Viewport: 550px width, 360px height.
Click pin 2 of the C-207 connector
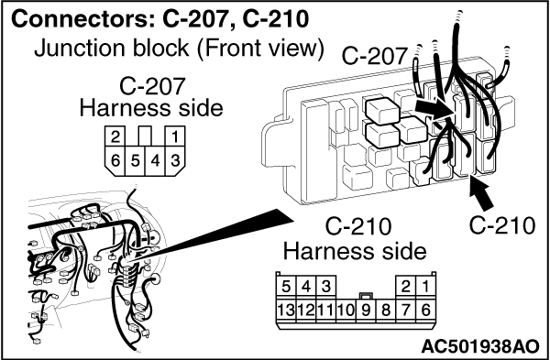click(x=115, y=136)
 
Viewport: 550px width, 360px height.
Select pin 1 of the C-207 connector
click(x=175, y=136)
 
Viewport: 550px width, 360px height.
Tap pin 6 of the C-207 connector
click(x=115, y=161)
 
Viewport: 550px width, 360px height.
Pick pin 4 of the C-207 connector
click(x=155, y=161)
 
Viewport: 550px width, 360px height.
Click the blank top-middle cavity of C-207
click(x=145, y=136)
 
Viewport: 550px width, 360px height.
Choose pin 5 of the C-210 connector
click(x=286, y=287)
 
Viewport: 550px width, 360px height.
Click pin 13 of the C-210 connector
click(x=286, y=311)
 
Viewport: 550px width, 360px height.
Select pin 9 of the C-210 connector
click(x=366, y=311)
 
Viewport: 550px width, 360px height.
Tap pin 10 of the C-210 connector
click(x=346, y=311)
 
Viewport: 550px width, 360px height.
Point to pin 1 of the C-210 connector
click(x=425, y=287)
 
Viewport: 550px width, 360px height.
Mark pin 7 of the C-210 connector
click(x=405, y=311)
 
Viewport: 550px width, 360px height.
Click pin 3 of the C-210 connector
click(x=326, y=287)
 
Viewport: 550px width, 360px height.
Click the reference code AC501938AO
click(x=479, y=346)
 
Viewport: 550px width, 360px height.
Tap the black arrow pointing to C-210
click(x=482, y=195)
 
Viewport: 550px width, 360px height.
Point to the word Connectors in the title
click(x=83, y=20)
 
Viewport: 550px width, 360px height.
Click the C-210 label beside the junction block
click(x=502, y=225)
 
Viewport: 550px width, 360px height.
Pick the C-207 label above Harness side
click(x=151, y=86)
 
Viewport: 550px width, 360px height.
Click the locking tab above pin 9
click(x=366, y=295)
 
